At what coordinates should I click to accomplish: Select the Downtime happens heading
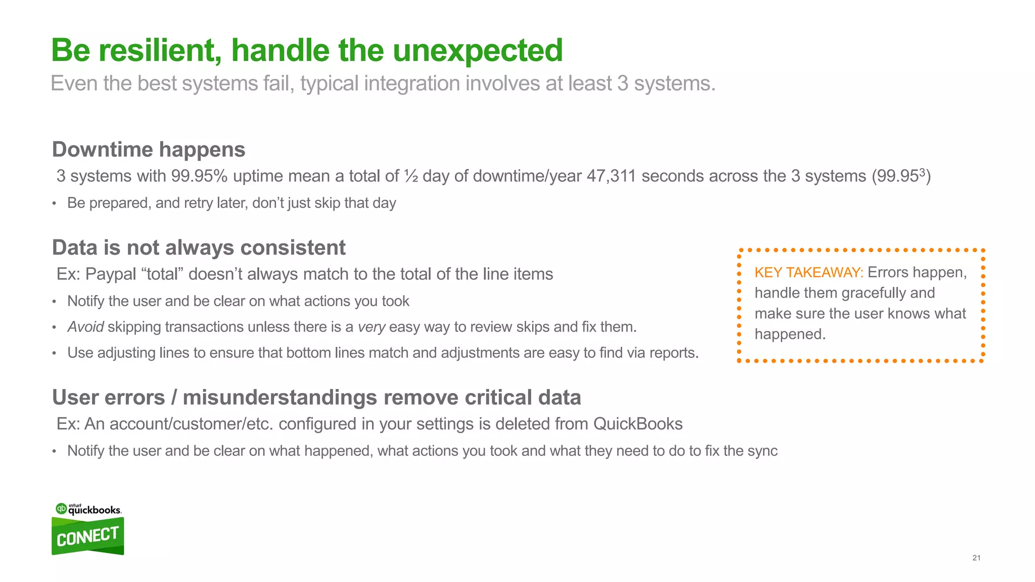(x=149, y=150)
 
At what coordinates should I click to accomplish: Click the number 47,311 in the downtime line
(x=611, y=176)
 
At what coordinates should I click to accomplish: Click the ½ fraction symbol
(x=410, y=176)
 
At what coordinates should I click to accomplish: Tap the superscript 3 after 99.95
(x=922, y=172)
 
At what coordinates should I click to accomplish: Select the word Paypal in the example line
(x=111, y=274)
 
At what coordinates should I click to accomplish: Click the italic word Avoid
(x=85, y=327)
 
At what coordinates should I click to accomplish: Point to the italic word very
(x=371, y=327)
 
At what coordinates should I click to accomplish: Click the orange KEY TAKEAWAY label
(x=809, y=273)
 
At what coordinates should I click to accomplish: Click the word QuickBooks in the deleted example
(x=638, y=424)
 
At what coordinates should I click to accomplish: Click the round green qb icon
(x=61, y=508)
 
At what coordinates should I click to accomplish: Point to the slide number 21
(x=976, y=558)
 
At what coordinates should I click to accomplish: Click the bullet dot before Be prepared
(x=54, y=204)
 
